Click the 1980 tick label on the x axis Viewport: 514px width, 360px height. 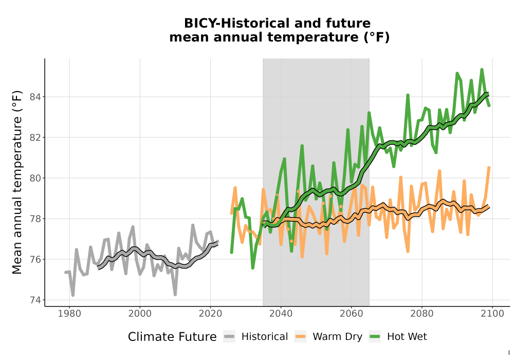point(69,314)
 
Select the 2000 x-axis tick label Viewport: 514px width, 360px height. point(140,314)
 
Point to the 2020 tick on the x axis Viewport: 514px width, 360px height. point(210,314)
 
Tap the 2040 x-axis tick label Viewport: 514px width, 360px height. point(281,314)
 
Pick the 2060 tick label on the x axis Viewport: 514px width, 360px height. point(352,314)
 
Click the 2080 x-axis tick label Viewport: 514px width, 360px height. point(422,314)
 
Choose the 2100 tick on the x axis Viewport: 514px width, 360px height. point(492,314)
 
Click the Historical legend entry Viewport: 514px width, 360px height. point(255,337)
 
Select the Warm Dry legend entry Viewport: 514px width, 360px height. point(328,337)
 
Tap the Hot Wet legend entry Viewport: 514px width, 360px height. point(398,337)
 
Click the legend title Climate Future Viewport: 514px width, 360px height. point(172,337)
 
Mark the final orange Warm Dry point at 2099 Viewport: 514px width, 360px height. point(489,168)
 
